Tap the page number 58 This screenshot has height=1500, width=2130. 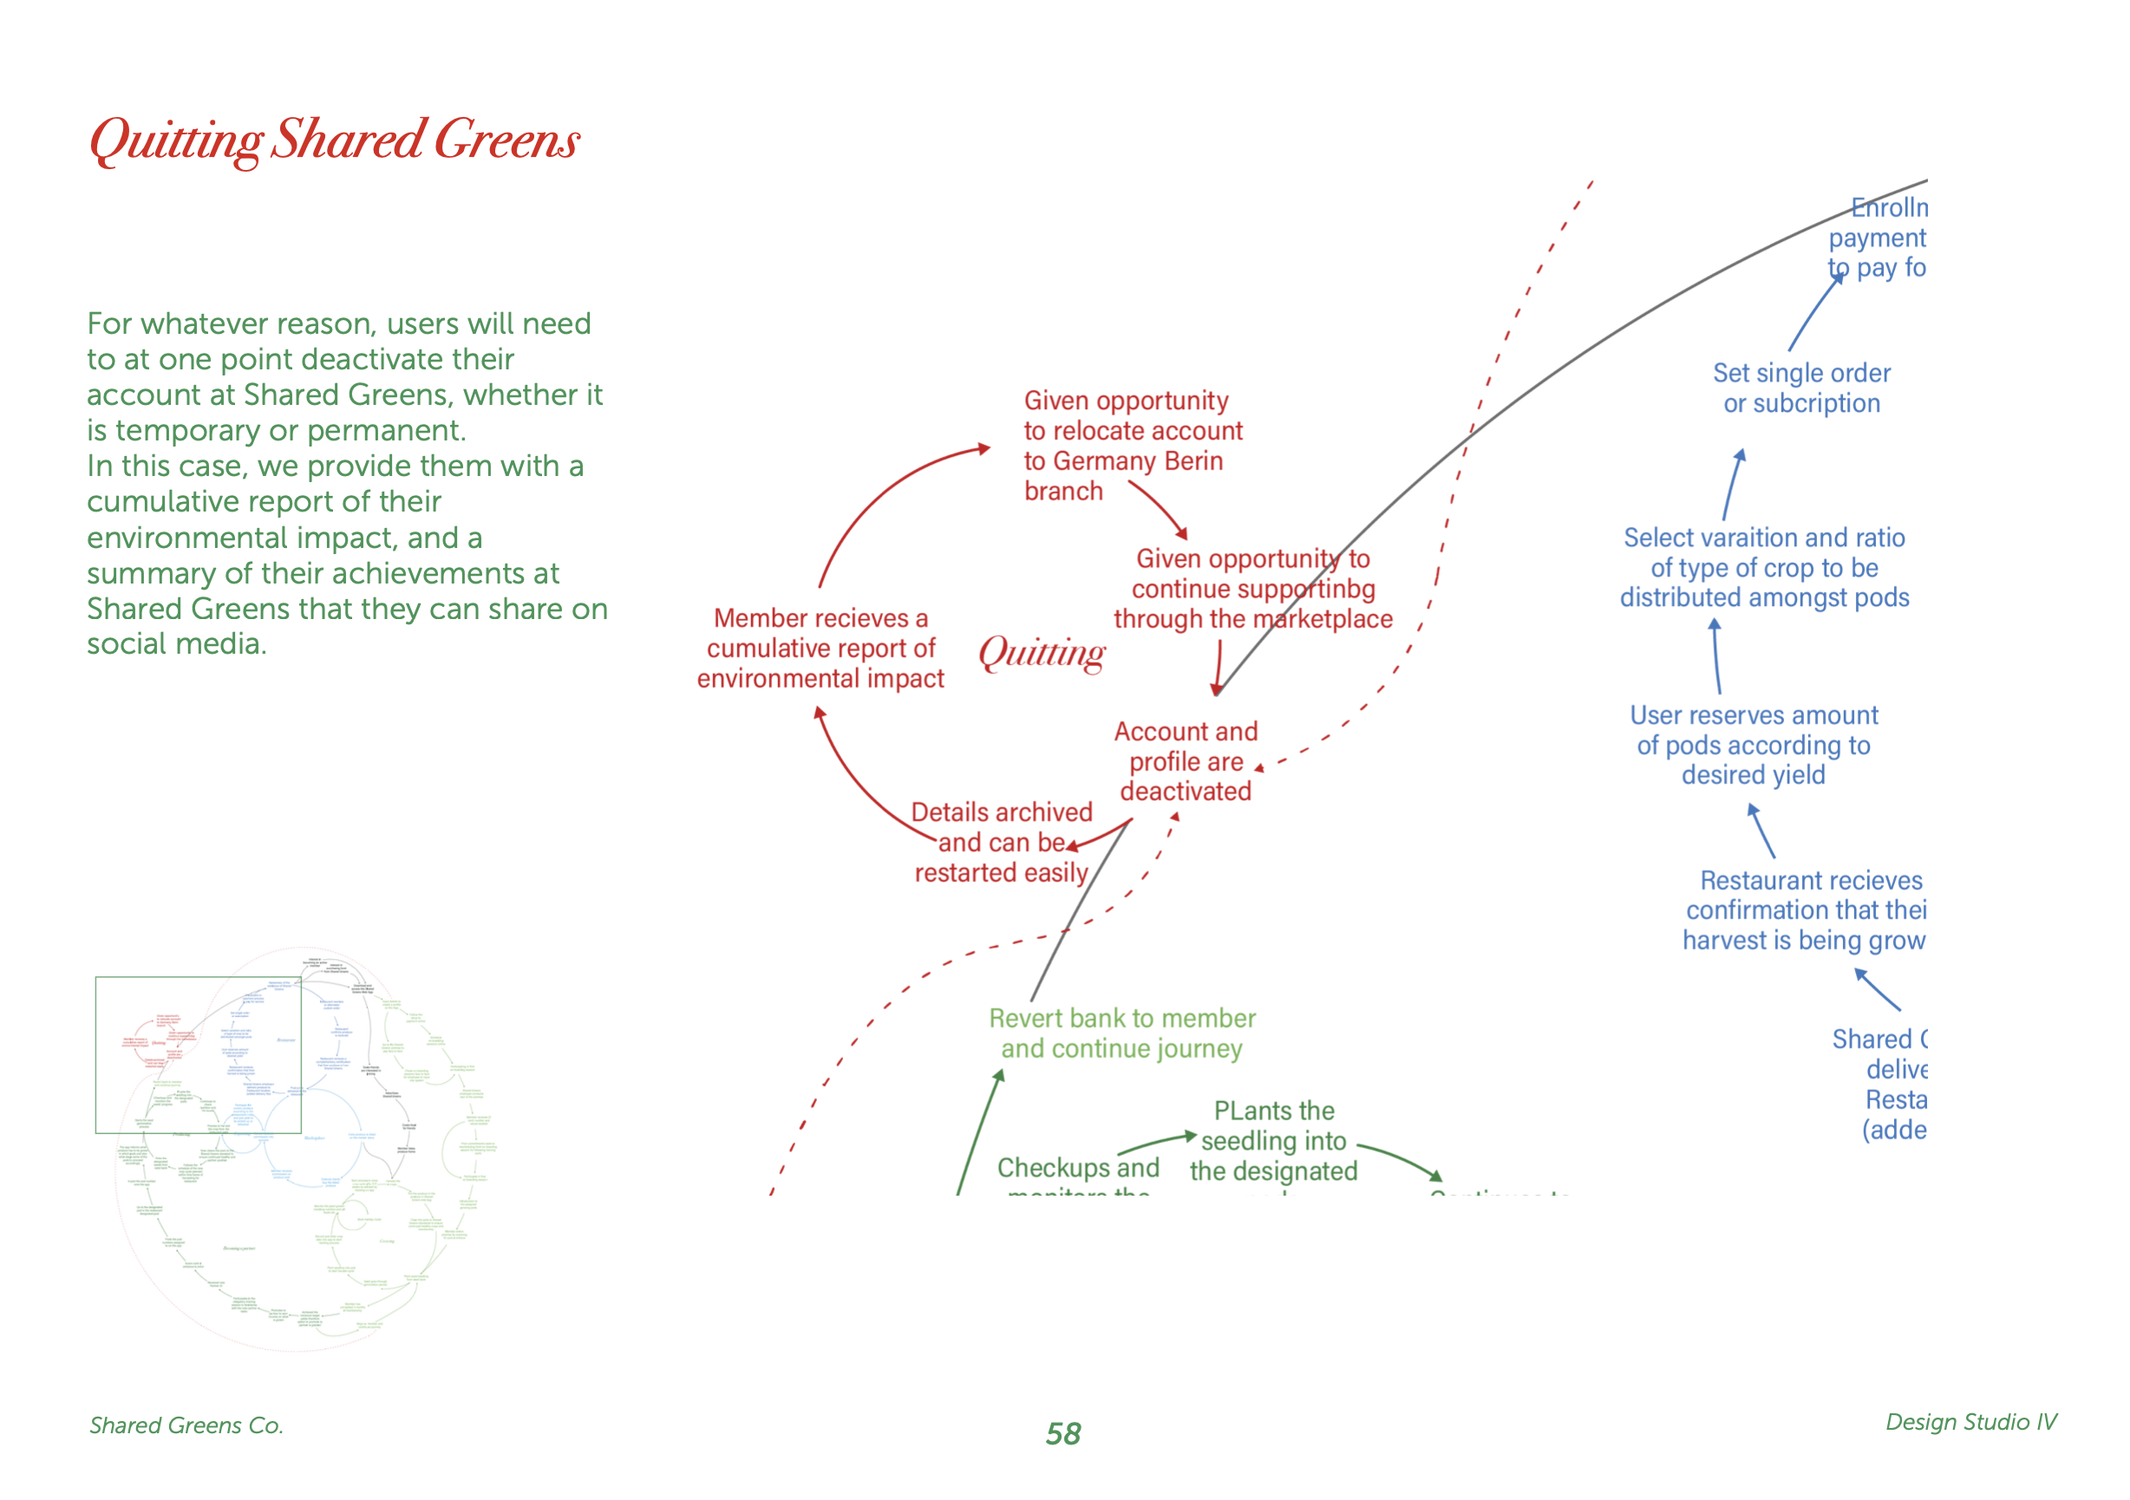click(x=1063, y=1434)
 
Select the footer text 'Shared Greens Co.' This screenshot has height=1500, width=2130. click(x=186, y=1425)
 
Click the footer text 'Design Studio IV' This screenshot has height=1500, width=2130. click(x=1970, y=1422)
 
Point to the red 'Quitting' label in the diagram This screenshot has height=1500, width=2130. click(x=1042, y=653)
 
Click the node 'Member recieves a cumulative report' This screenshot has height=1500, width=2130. click(x=820, y=649)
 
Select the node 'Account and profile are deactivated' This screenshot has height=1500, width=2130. click(x=1186, y=761)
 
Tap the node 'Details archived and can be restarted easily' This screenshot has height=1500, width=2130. click(x=1001, y=842)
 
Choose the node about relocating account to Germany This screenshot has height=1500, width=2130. click(x=1132, y=446)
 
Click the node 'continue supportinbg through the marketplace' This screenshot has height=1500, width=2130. click(x=1252, y=589)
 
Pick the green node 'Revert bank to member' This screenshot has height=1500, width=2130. click(x=1121, y=1034)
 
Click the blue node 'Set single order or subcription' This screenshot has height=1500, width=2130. click(x=1800, y=388)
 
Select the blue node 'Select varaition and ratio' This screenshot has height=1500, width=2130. click(x=1763, y=568)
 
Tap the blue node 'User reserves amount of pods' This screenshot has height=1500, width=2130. click(x=1754, y=745)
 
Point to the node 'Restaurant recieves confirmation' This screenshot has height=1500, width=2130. click(x=1805, y=910)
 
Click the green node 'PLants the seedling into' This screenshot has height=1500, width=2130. click(x=1274, y=1140)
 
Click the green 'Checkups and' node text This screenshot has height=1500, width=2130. click(x=1078, y=1168)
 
